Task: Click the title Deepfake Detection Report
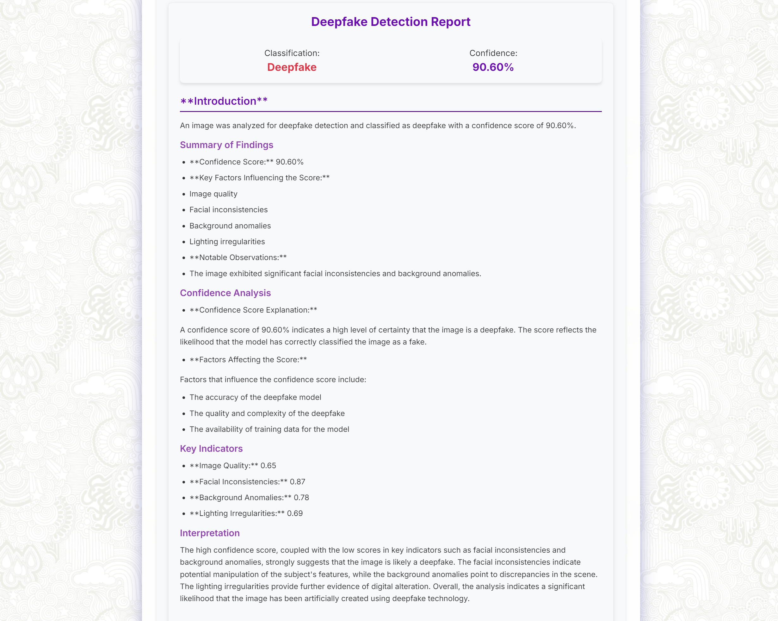[391, 22]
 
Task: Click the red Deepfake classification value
[292, 67]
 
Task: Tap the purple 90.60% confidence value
[493, 67]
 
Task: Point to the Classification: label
[292, 53]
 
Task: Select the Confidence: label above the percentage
[493, 53]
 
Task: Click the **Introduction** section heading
[224, 101]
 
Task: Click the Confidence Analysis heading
[225, 293]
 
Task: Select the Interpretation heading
[210, 533]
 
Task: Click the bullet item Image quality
[213, 194]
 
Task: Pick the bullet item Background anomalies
[230, 226]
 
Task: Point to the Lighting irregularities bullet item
[227, 242]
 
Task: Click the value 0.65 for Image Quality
[268, 466]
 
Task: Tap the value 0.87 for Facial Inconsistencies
[297, 481]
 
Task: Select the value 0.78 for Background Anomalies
[301, 498]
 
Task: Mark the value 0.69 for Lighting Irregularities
[295, 513]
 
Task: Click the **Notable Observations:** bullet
[238, 258]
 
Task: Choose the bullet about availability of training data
[269, 429]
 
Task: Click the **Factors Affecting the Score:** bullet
[248, 360]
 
